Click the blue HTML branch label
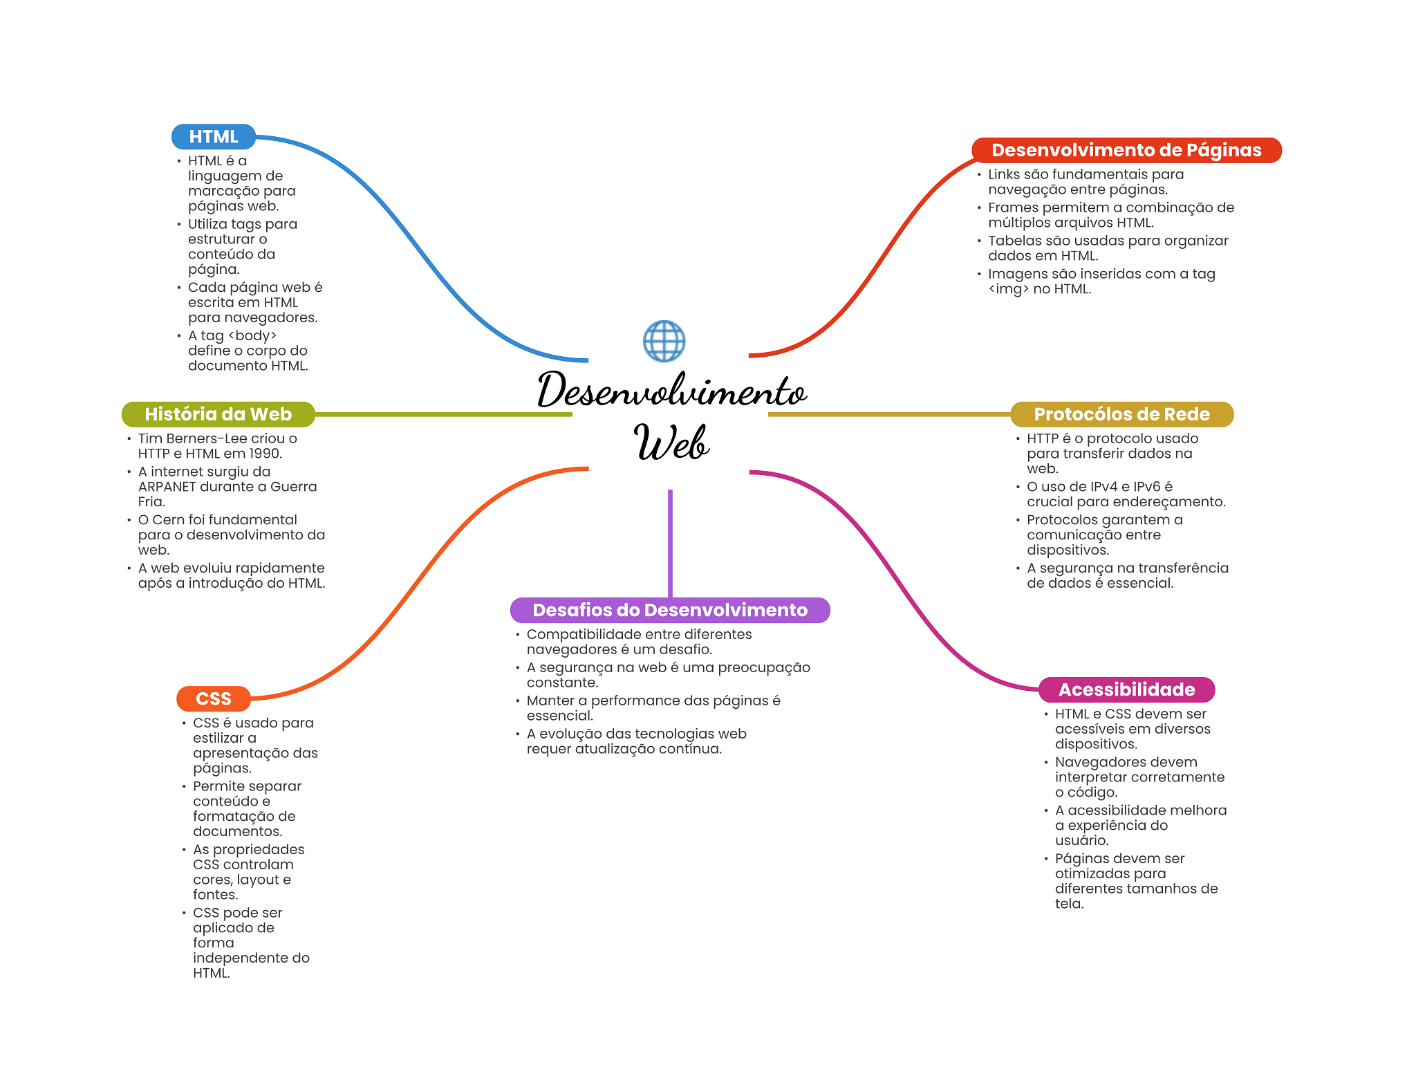tap(213, 137)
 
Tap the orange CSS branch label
tap(213, 698)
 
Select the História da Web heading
tap(218, 414)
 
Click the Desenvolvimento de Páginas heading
tap(1126, 150)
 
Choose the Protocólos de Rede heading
tap(1121, 414)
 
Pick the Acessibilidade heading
tap(1126, 689)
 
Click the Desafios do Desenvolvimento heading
tap(669, 610)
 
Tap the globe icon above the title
tap(664, 341)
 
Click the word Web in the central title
tap(671, 443)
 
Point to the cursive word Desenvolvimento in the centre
tap(671, 391)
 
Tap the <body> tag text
tap(252, 336)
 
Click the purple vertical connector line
tap(670, 543)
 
